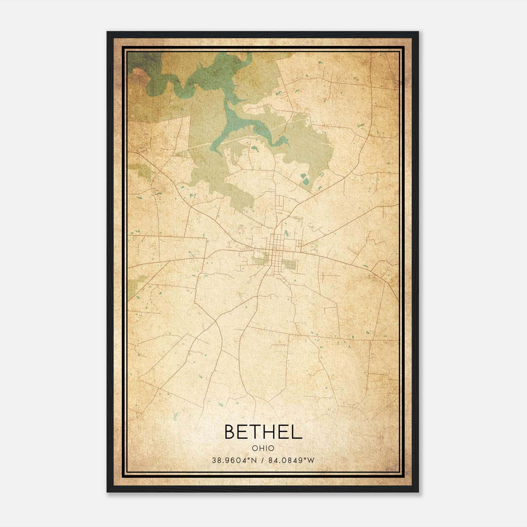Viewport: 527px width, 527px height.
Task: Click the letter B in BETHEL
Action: [x=231, y=432]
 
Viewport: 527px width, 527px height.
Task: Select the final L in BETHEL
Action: [x=297, y=432]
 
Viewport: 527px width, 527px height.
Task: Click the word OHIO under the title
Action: [x=263, y=448]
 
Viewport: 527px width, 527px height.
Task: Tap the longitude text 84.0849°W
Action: [x=291, y=460]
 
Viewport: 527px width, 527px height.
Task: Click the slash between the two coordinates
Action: [x=263, y=460]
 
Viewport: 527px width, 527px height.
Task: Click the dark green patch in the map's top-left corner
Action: [x=140, y=61]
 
